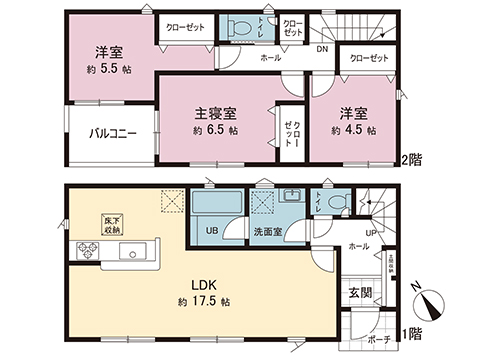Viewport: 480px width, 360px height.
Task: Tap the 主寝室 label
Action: click(x=216, y=114)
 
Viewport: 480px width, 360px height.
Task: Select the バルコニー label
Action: click(x=112, y=132)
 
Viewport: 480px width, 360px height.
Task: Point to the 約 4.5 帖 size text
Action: click(x=356, y=130)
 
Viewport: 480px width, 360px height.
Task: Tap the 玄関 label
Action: click(x=359, y=292)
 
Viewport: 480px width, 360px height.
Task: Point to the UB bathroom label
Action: click(x=212, y=232)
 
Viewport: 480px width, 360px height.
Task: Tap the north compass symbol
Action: click(x=432, y=303)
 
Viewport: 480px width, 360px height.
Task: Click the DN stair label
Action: click(x=323, y=49)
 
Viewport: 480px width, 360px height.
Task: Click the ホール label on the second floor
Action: click(x=271, y=58)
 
